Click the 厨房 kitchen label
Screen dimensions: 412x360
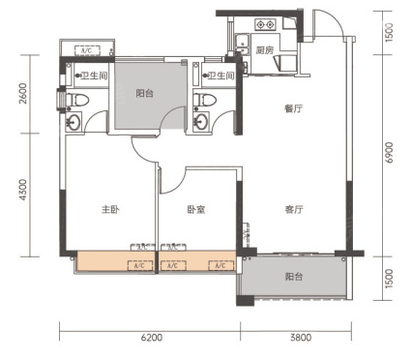(x=264, y=50)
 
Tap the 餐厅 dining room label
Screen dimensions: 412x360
(x=294, y=108)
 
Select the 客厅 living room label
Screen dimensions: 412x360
(x=294, y=210)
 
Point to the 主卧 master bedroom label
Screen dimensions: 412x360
(x=110, y=210)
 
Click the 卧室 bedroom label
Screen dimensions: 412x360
(x=196, y=210)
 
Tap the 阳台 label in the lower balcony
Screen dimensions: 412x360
(x=294, y=277)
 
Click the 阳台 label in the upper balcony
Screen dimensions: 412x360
(x=144, y=94)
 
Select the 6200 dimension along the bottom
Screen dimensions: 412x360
(x=152, y=338)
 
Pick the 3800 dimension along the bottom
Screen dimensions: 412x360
(x=301, y=338)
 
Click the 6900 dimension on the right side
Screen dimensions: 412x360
(x=390, y=153)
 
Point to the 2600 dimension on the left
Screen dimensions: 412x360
(x=23, y=94)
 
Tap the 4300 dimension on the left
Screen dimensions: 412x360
(x=23, y=190)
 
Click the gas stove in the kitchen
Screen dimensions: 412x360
(x=266, y=24)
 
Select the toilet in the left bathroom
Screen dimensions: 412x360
(x=77, y=100)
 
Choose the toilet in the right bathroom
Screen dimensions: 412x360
(x=204, y=100)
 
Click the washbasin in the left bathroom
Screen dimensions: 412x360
(x=74, y=123)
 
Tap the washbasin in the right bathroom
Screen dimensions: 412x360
(x=201, y=123)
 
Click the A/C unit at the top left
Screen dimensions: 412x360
(x=87, y=50)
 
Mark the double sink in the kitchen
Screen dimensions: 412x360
(x=242, y=45)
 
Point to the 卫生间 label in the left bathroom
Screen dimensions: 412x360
(x=94, y=75)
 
